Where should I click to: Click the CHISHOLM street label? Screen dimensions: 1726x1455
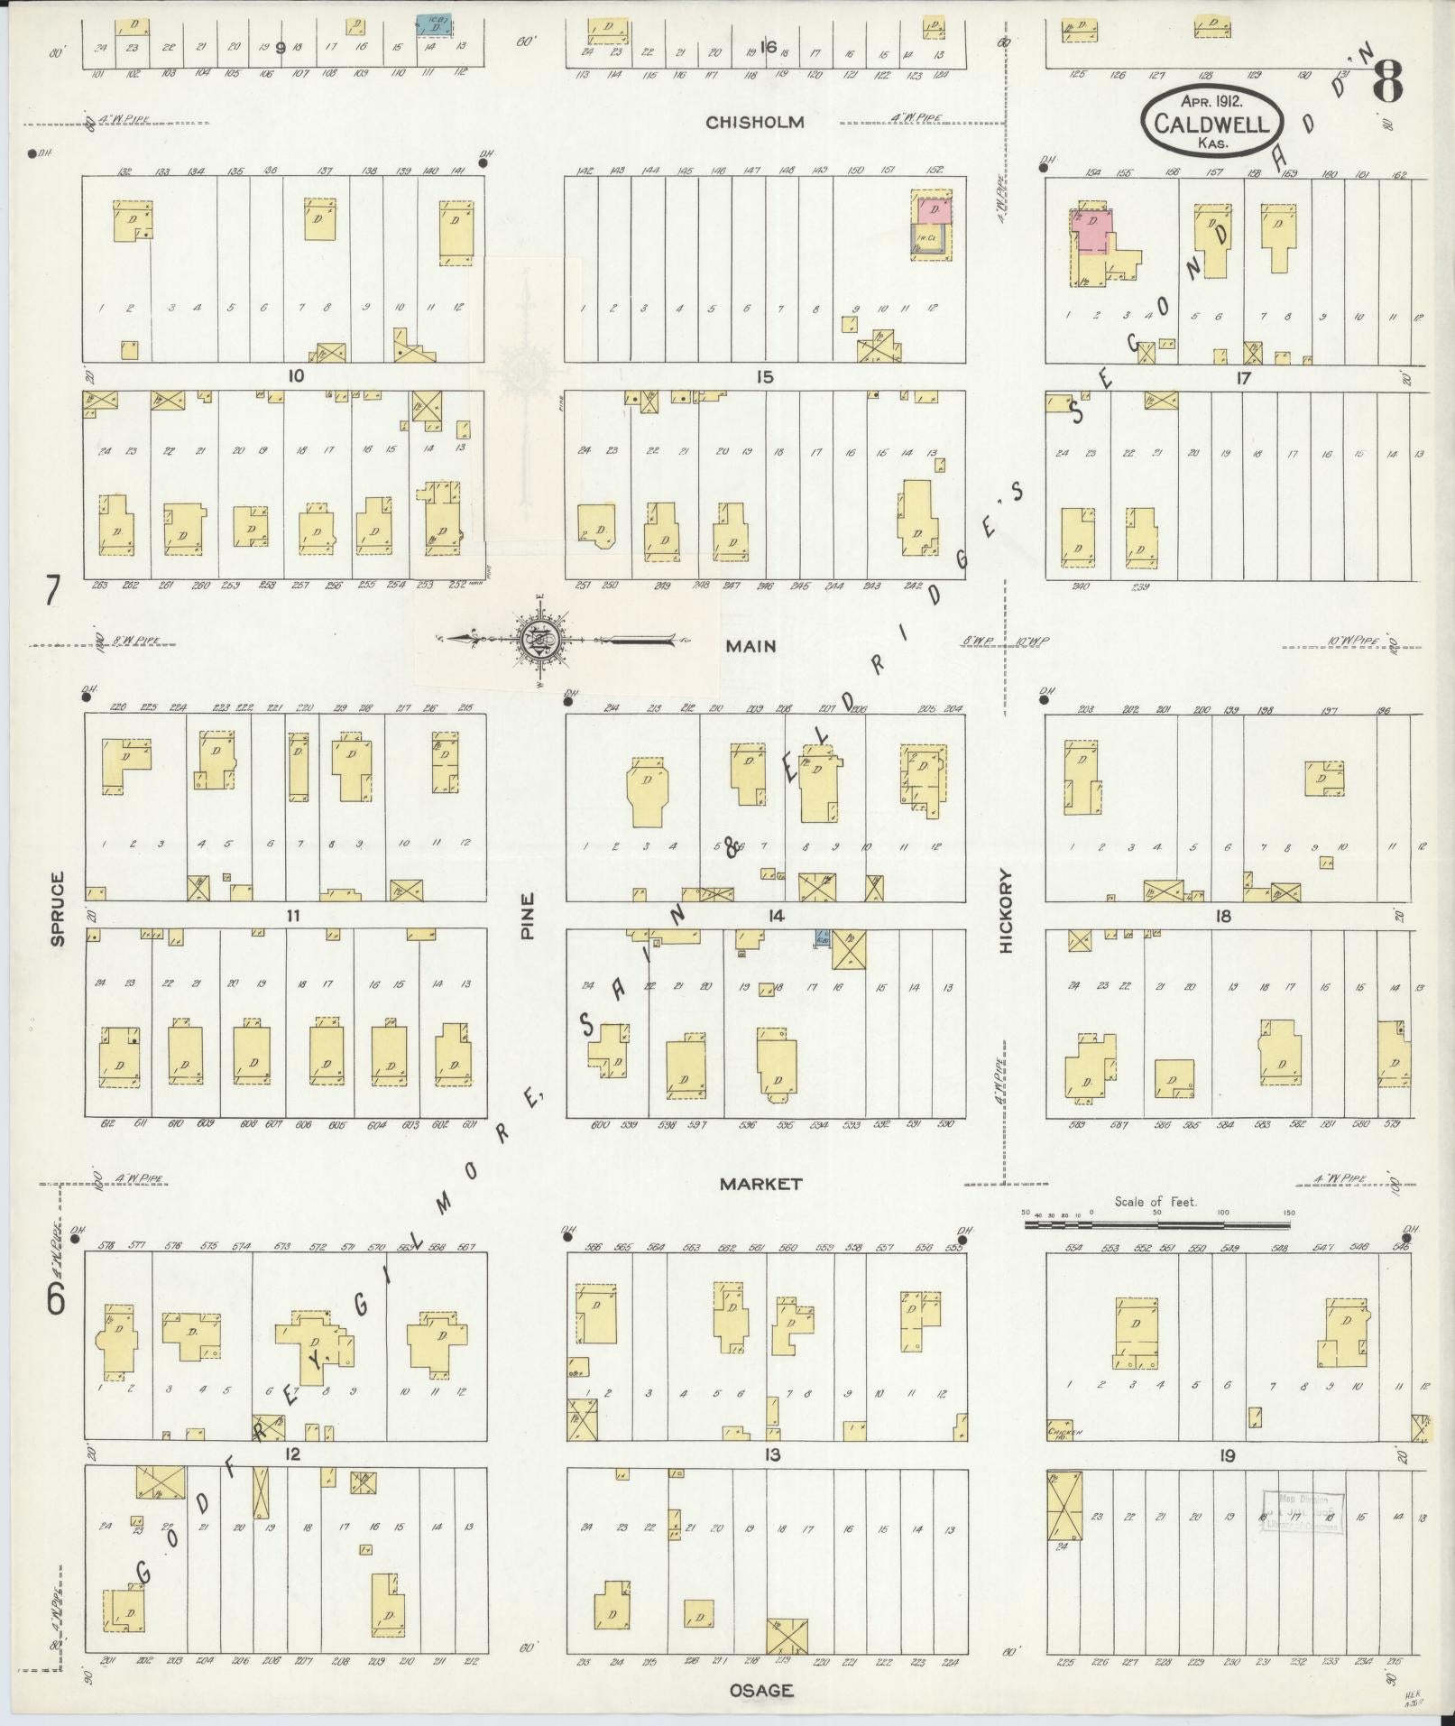[754, 123]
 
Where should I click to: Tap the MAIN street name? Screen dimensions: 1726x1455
[754, 646]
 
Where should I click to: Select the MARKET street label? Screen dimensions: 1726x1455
[760, 1184]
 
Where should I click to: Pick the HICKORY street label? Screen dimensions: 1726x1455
[1007, 910]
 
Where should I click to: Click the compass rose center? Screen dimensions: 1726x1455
[539, 640]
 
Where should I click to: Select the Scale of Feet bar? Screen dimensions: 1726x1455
[1156, 1226]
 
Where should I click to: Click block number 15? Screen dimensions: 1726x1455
[764, 377]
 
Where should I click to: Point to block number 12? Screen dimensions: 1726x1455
[291, 1454]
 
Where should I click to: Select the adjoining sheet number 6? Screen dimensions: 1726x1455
[56, 1299]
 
